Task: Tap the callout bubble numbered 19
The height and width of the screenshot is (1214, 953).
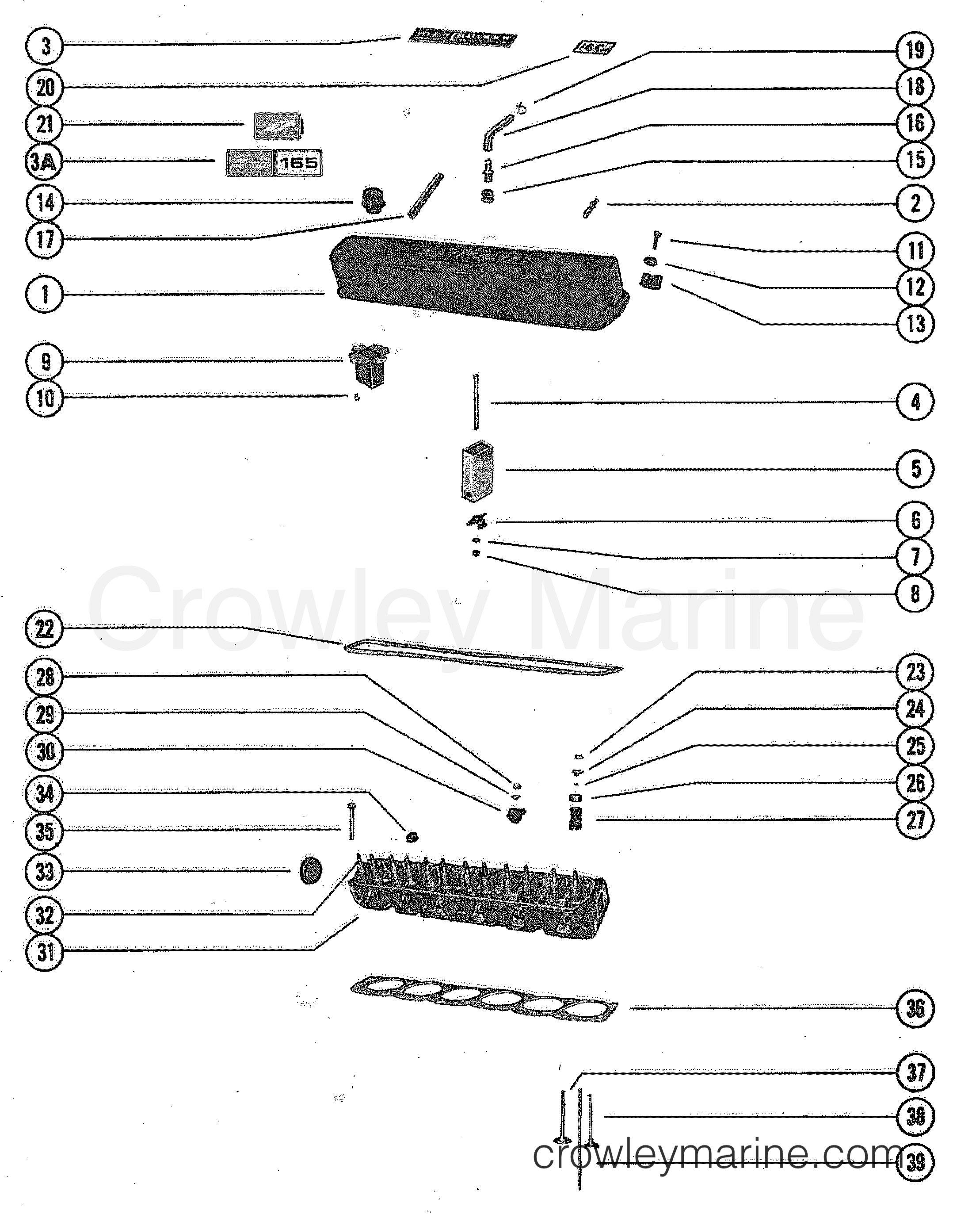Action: (915, 50)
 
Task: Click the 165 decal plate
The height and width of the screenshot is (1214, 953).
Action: (298, 163)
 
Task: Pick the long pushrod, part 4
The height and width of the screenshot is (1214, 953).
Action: (475, 402)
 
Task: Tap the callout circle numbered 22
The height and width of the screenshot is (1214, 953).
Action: (45, 630)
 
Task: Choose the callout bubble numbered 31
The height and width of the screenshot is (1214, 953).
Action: (45, 952)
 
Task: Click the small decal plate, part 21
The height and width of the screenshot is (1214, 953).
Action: (277, 126)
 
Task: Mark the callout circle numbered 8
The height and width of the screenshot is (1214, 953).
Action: (915, 594)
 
